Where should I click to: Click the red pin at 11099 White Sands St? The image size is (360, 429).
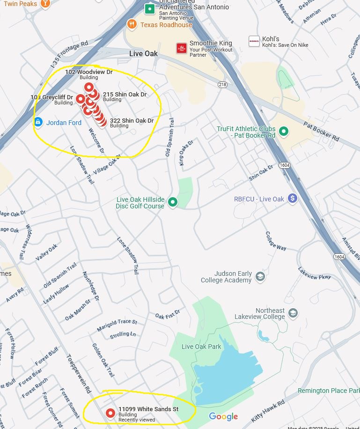[x=110, y=413]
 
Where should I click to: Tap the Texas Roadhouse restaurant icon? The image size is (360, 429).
[x=132, y=24]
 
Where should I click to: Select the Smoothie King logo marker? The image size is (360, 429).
[x=182, y=48]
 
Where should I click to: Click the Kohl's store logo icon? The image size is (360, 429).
[x=254, y=41]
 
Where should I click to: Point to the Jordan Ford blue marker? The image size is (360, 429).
[x=38, y=122]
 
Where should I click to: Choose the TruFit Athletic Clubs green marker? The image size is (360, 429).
[x=283, y=132]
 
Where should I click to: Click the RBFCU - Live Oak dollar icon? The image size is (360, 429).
[x=293, y=199]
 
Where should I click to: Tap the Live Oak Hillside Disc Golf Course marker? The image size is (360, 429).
[x=173, y=202]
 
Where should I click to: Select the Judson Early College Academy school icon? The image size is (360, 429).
[x=260, y=277]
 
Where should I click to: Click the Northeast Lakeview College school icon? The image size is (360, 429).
[x=293, y=313]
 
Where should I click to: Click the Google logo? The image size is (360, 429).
[x=223, y=416]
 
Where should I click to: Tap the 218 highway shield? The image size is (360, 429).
[x=222, y=84]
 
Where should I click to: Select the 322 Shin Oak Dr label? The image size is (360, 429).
[x=132, y=121]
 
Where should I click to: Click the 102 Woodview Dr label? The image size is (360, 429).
[x=88, y=72]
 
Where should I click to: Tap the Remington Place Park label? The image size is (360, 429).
[x=329, y=391]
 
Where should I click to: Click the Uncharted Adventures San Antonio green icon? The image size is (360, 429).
[x=149, y=8]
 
